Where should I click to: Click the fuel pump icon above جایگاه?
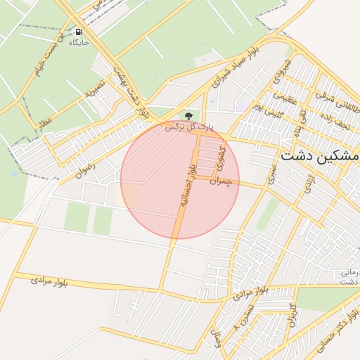[x=78, y=32]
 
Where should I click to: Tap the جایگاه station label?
[x=78, y=42]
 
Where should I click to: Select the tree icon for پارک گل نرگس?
[x=188, y=115]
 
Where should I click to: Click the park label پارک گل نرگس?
[x=188, y=127]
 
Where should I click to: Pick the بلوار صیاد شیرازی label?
[x=236, y=72]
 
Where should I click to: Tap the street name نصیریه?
[x=95, y=87]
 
